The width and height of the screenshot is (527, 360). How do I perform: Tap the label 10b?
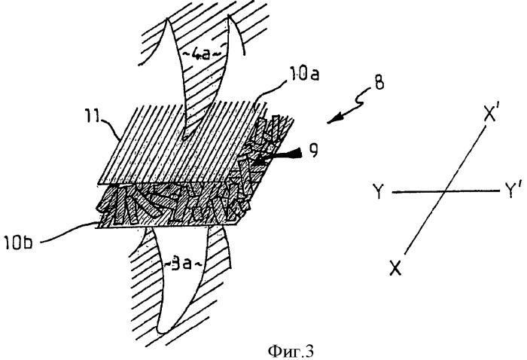click(x=18, y=242)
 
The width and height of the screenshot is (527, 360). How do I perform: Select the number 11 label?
click(x=94, y=120)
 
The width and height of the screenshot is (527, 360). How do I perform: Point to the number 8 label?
click(x=379, y=83)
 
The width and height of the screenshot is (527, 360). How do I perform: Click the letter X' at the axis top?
click(x=492, y=115)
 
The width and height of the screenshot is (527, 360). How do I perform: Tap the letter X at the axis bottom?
click(x=395, y=268)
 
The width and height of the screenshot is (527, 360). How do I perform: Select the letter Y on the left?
click(x=379, y=191)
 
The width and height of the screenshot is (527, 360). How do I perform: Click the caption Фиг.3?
click(x=291, y=351)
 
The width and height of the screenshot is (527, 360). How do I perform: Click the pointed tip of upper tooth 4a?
click(x=184, y=139)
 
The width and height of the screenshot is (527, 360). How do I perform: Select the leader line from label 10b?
click(x=66, y=231)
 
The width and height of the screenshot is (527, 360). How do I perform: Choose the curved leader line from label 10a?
click(x=269, y=90)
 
